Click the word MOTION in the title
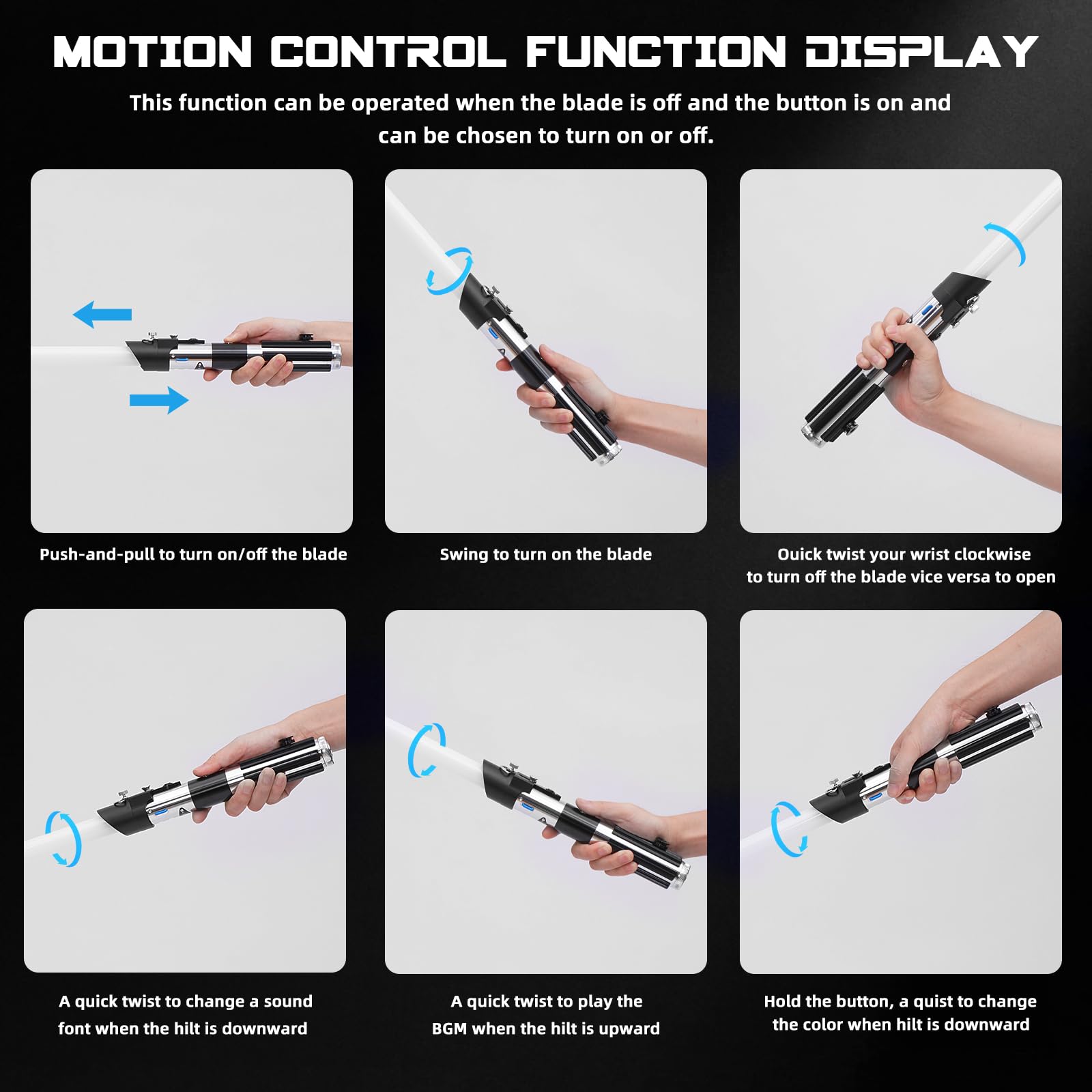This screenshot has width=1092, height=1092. pyautogui.click(x=153, y=53)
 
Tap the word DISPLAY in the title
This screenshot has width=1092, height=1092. pyautogui.click(x=921, y=53)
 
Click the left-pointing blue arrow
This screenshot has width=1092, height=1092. pyautogui.click(x=102, y=315)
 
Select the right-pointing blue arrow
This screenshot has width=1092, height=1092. pyautogui.click(x=159, y=400)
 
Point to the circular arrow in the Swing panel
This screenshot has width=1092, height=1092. pyautogui.click(x=449, y=271)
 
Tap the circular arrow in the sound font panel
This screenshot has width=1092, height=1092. pyautogui.click(x=63, y=839)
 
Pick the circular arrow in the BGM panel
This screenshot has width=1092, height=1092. pyautogui.click(x=427, y=750)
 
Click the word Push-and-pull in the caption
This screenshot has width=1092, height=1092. pyautogui.click(x=98, y=554)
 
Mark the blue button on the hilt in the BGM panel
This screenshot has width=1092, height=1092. pyautogui.click(x=529, y=806)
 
